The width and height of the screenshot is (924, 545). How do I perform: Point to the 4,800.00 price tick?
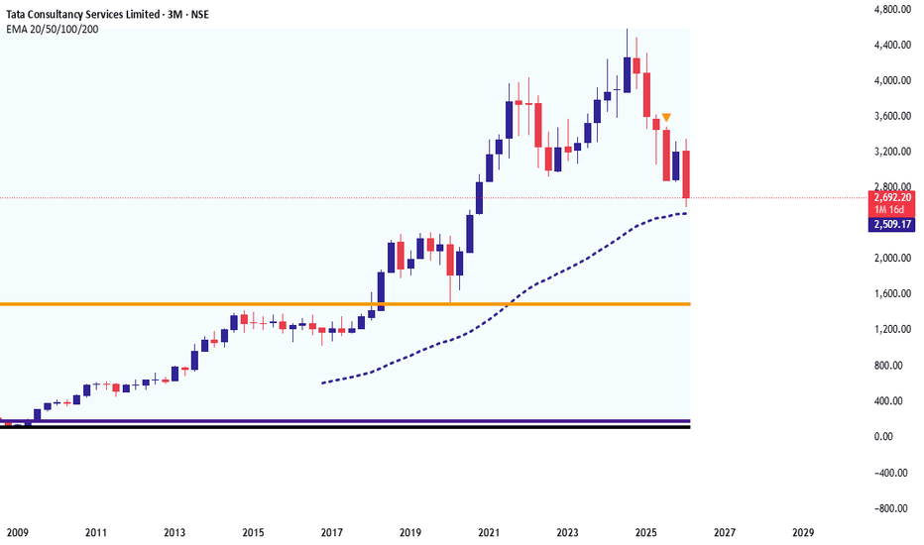892,10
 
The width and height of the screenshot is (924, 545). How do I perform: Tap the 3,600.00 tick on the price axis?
892,116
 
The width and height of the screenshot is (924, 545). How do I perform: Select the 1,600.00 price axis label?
892,294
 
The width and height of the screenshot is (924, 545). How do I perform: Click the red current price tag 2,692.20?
892,197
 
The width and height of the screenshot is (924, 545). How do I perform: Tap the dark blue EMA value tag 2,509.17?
892,225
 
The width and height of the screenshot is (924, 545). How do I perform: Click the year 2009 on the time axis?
17,532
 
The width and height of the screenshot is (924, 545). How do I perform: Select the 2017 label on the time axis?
331,532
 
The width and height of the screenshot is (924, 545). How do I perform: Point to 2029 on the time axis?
802,532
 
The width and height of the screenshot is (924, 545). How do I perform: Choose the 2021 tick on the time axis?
488,532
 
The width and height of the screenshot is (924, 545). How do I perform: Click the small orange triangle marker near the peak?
667,118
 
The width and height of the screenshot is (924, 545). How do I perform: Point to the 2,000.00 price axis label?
892,259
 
